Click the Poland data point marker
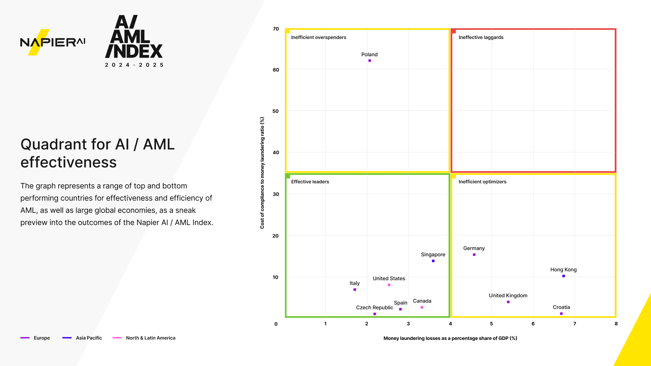coord(370,61)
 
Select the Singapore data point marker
coord(433,261)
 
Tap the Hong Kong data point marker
coord(564,276)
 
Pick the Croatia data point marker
coord(561,314)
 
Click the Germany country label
coord(474,248)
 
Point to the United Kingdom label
coord(508,296)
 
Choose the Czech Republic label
coord(374,308)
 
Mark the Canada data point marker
coord(422,307)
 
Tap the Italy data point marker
coord(355,290)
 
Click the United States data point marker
coord(389,285)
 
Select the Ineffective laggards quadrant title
coord(481,37)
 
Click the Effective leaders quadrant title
coord(310,182)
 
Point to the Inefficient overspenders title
coord(318,37)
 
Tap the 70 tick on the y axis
coord(276,29)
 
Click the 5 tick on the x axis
coord(491,324)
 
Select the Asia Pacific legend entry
coord(88,338)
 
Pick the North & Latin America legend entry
coord(151,338)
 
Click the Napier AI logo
coord(53,42)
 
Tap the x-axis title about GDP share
coord(450,338)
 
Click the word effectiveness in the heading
coord(68,162)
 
